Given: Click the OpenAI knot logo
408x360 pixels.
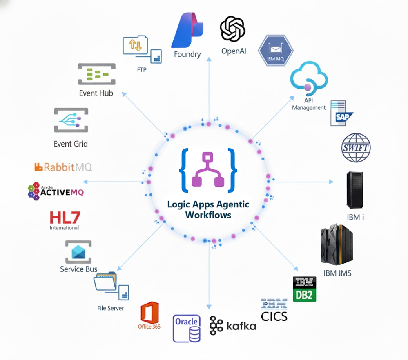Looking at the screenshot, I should click(232, 29).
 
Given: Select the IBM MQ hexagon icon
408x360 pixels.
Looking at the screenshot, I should click(276, 50).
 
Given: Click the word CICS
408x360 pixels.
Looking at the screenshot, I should click(274, 316).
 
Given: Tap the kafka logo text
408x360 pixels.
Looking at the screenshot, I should click(241, 326).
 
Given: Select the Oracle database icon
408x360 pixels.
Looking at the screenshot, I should click(187, 328).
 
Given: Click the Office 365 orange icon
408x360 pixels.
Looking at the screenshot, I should click(149, 313).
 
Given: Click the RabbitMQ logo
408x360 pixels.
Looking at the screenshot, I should click(63, 167).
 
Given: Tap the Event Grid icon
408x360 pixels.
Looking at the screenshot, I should click(71, 120).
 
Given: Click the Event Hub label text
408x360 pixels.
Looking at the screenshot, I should click(96, 93).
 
